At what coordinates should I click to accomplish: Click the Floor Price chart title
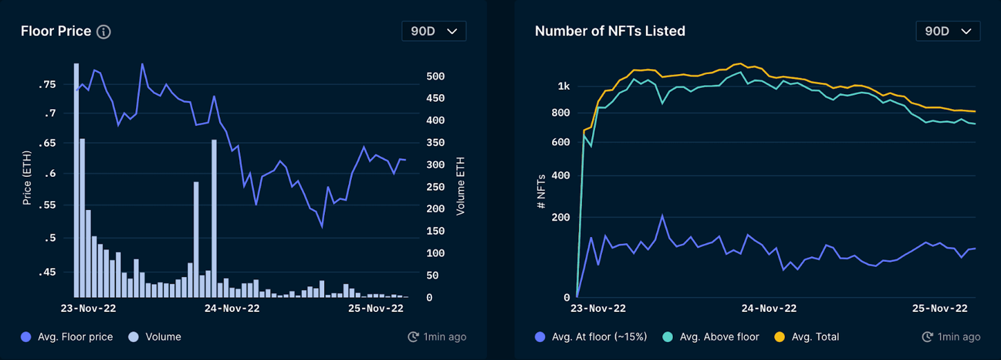(56, 31)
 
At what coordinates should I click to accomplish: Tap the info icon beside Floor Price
(104, 32)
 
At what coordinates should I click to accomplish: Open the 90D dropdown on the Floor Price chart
(433, 31)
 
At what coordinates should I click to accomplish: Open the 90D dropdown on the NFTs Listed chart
(947, 31)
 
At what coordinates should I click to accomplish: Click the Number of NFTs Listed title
(610, 31)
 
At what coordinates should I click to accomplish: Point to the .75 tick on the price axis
(48, 84)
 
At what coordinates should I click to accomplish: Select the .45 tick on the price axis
(48, 272)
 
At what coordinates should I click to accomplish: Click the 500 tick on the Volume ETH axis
(435, 76)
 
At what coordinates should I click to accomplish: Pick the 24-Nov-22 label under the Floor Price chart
(232, 308)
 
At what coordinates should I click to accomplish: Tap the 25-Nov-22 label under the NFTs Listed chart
(939, 308)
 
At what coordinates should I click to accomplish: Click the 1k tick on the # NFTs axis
(564, 86)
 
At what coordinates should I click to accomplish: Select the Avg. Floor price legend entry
(67, 337)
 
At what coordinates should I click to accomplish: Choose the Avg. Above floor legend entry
(711, 337)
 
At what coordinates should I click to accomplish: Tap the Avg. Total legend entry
(807, 337)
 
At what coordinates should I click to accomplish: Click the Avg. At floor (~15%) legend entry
(591, 337)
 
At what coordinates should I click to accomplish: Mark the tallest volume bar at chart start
(76, 180)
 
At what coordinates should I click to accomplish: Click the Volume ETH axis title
(460, 186)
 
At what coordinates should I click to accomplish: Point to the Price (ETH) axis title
(27, 178)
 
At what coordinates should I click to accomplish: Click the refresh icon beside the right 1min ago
(927, 337)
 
